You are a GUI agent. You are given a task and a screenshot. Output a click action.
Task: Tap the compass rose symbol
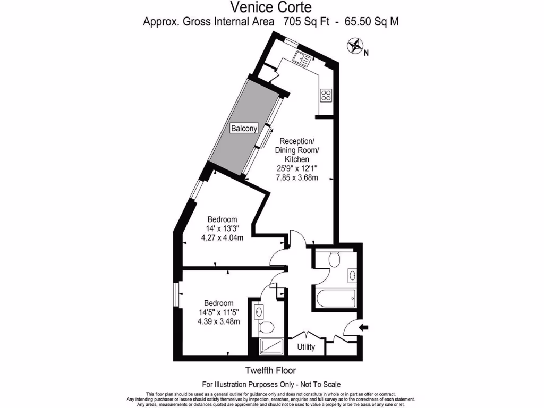coord(354,46)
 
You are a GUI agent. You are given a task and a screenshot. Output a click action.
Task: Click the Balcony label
coord(244,128)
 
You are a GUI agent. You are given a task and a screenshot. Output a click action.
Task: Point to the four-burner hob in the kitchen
coord(326,96)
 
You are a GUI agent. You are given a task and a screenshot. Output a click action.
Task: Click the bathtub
coord(336,299)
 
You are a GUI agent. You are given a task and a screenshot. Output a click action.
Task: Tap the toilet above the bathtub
coord(334,259)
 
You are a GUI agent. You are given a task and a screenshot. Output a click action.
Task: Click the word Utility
coord(306,347)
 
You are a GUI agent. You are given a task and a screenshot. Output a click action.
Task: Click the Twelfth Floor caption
coord(270,370)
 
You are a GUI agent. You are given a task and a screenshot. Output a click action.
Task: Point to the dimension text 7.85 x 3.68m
coord(297,177)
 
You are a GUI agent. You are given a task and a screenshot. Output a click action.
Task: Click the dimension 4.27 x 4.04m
coord(223,237)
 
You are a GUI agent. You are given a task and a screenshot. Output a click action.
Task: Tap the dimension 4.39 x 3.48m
coord(219,321)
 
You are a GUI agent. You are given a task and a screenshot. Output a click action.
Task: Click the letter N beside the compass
coord(366,52)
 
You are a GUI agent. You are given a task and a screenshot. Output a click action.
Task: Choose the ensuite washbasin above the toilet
coord(260,310)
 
